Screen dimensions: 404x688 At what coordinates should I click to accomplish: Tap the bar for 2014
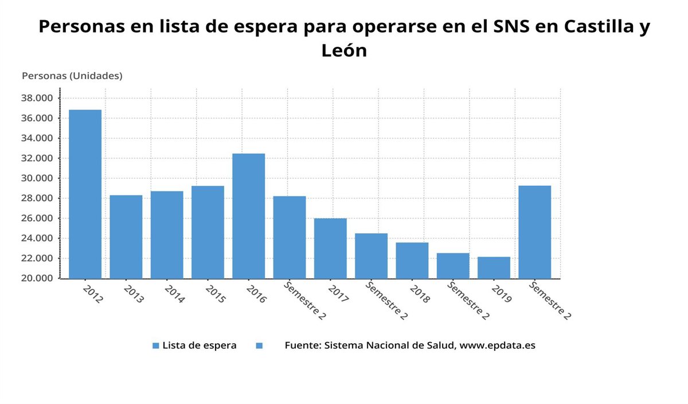[167, 234]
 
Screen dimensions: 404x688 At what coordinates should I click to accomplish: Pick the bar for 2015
[208, 232]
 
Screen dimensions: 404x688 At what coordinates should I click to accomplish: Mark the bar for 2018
[412, 260]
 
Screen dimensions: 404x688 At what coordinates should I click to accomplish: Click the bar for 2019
[494, 268]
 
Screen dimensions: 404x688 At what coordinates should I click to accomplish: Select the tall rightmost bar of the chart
[534, 232]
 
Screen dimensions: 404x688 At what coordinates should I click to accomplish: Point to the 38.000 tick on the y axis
[37, 98]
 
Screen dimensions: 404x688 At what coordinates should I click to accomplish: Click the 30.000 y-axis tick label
[37, 178]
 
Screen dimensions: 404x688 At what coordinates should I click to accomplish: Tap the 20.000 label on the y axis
[37, 279]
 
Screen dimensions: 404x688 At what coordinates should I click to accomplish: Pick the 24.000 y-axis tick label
[37, 238]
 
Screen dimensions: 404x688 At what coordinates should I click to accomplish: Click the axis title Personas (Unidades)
[72, 76]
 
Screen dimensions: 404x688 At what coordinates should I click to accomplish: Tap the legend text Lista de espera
[200, 346]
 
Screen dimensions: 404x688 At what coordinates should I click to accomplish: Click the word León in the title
[344, 50]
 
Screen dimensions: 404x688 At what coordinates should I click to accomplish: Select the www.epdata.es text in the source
[497, 346]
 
